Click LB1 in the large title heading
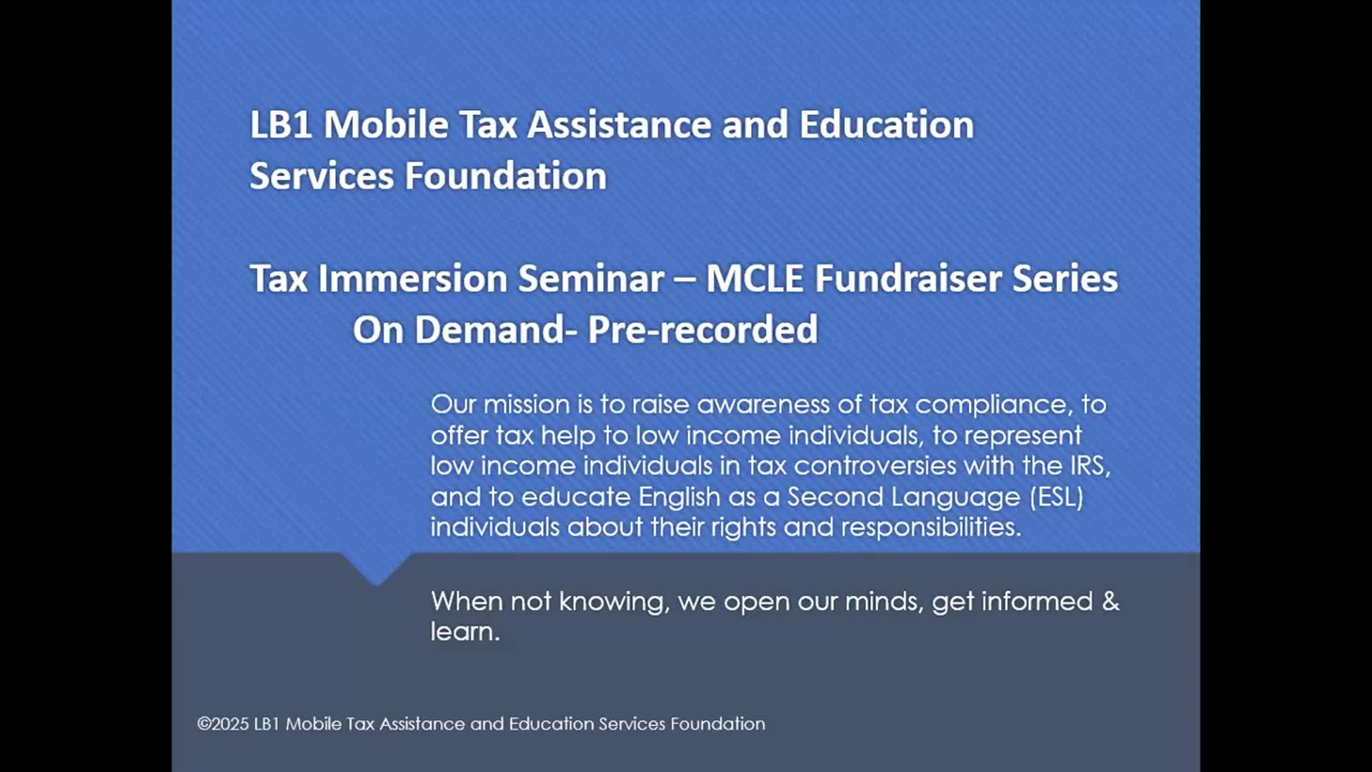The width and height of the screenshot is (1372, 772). click(280, 124)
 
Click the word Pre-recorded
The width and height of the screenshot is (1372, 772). click(702, 330)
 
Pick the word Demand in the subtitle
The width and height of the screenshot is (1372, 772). click(490, 330)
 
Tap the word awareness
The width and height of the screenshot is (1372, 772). click(764, 405)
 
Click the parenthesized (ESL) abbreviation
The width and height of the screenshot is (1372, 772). click(1056, 497)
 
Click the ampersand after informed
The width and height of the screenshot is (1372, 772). click(1110, 601)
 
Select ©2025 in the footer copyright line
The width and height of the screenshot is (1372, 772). click(223, 724)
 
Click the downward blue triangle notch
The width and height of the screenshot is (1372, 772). click(377, 568)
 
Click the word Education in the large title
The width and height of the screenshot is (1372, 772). click(886, 124)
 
